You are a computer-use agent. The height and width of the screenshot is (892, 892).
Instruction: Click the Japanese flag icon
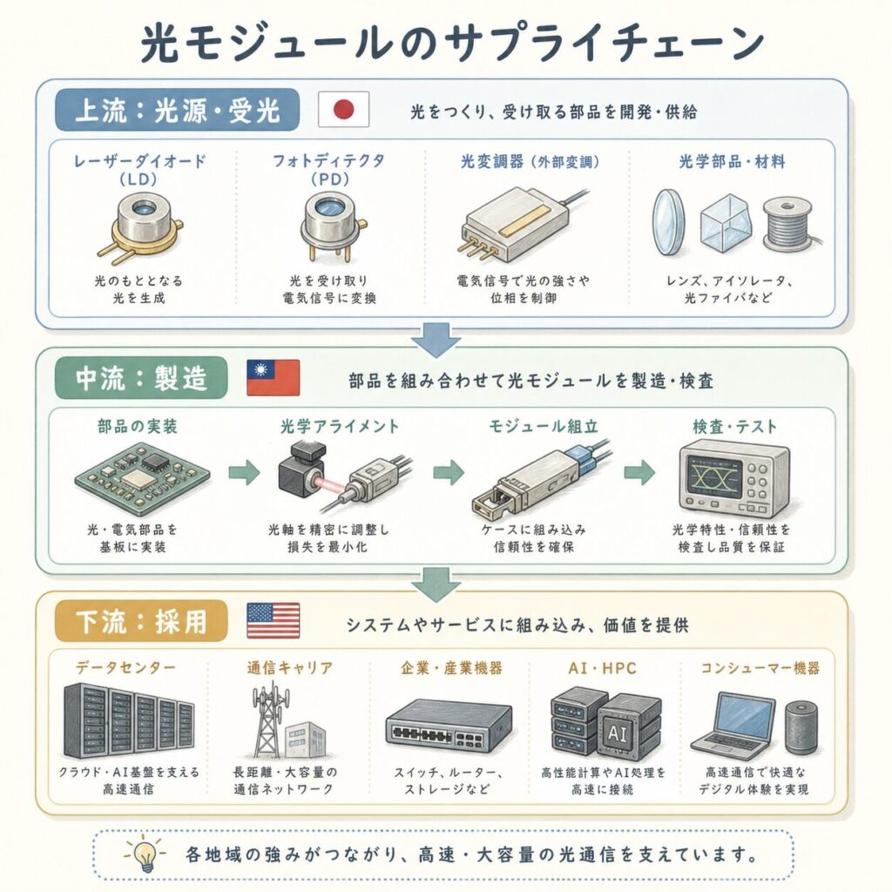[x=343, y=109]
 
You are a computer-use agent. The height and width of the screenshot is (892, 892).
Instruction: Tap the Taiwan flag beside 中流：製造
[x=273, y=377]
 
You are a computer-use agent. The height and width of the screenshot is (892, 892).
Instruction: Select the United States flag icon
[x=273, y=620]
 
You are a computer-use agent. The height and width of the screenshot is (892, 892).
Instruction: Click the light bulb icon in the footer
[x=145, y=854]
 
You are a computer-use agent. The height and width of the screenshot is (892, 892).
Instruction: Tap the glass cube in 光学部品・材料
[x=726, y=223]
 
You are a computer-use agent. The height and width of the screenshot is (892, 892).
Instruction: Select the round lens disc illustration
[x=668, y=222]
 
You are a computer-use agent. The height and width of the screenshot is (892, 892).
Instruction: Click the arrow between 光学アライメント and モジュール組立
[x=449, y=472]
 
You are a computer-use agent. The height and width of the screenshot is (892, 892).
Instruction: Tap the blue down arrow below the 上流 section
[x=436, y=340]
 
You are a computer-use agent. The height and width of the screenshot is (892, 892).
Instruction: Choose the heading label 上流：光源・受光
[x=177, y=109]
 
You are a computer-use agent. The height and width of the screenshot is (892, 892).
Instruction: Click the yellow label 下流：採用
[x=141, y=620]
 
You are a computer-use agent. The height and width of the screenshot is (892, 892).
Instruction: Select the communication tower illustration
[x=268, y=719]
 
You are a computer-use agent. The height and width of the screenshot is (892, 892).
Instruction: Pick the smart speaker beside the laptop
[x=801, y=728]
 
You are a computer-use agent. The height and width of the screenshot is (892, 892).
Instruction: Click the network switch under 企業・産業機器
[x=449, y=726]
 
